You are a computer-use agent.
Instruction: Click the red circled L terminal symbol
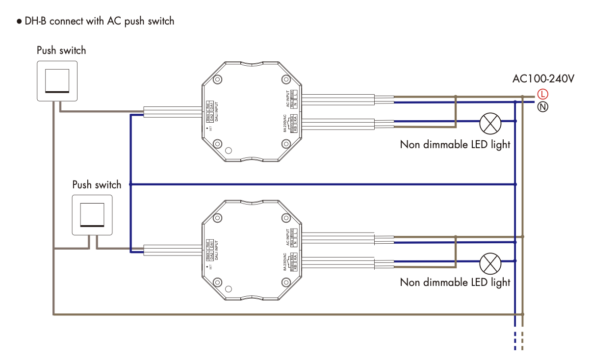[543, 94]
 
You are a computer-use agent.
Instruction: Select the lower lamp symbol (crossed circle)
[490, 263]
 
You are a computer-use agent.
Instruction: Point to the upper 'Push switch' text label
[61, 51]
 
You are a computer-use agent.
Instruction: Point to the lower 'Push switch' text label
[97, 185]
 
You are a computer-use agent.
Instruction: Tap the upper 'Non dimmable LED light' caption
[455, 145]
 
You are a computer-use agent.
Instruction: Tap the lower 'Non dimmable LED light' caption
[455, 283]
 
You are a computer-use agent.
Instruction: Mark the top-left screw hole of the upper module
[218, 79]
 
